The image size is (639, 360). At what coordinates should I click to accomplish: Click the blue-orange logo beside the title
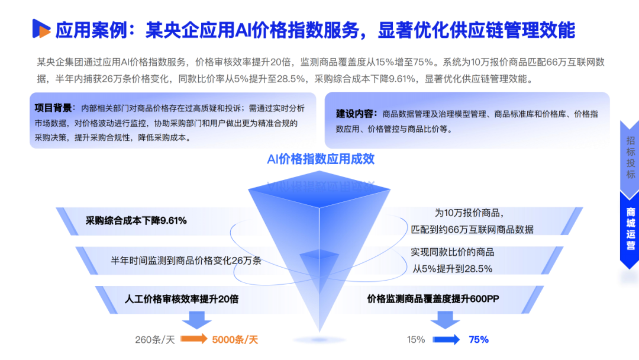[41, 29]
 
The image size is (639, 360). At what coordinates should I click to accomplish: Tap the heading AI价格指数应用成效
[321, 159]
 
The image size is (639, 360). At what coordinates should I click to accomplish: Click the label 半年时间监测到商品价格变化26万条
[186, 261]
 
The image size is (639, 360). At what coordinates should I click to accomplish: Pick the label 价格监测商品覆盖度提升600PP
[434, 298]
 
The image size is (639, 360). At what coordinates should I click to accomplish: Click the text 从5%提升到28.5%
[453, 268]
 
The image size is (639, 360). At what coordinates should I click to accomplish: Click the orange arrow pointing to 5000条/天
[192, 339]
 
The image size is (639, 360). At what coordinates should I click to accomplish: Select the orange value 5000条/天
[234, 340]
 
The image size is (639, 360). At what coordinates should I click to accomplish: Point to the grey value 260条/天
[155, 340]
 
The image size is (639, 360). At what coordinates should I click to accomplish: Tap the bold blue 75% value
[478, 340]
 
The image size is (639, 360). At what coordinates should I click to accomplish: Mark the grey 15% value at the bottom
[416, 340]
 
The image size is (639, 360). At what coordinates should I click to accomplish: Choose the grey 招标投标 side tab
[631, 157]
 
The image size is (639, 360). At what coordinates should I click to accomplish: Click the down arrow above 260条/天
[196, 320]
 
